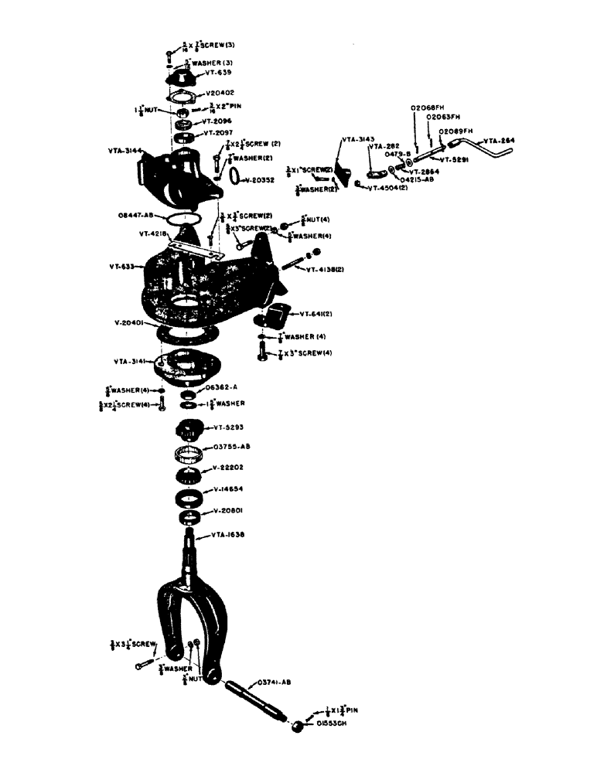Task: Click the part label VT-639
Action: pos(219,74)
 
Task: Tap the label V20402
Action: pos(223,94)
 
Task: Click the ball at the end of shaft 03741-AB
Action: pos(297,726)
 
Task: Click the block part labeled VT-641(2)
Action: pos(276,316)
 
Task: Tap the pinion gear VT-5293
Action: pos(189,427)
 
